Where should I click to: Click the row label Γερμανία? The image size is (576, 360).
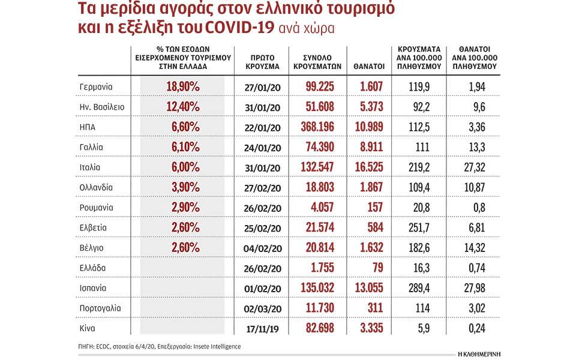96,87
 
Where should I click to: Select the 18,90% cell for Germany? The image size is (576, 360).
182,87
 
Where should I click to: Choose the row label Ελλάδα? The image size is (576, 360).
92,268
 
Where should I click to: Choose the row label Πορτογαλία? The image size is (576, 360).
100,308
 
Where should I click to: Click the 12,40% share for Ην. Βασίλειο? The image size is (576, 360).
182,107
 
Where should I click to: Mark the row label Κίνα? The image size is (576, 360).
88,328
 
